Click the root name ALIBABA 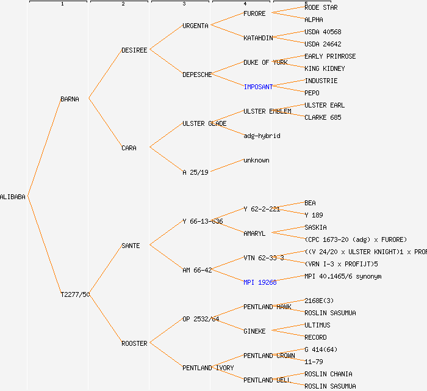click(13, 197)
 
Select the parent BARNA click(70, 99)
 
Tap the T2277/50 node click(75, 294)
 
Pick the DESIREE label click(134, 50)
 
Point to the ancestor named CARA click(129, 148)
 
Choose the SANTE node click(131, 246)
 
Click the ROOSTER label click(134, 343)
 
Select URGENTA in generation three click(195, 26)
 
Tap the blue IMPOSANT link click(258, 87)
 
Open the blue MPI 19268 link click(260, 282)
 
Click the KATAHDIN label click(258, 38)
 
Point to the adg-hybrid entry click(262, 136)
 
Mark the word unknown click(256, 160)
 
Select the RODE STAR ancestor click(321, 7)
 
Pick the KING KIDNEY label click(325, 68)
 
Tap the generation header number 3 click(184, 4)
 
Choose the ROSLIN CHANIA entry click(328, 374)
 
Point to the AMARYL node click(254, 233)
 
